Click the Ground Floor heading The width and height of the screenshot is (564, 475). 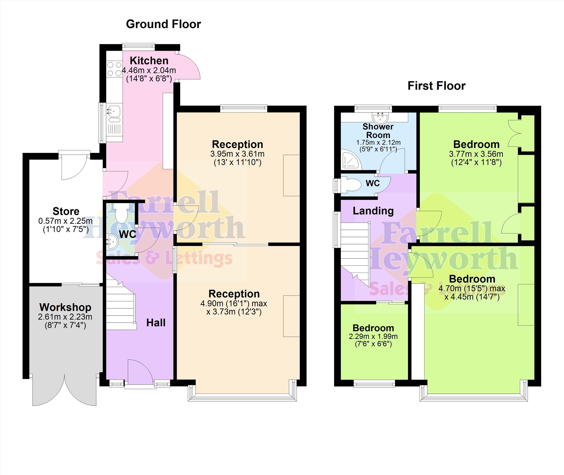coord(163,24)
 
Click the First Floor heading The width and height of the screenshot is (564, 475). coord(436,86)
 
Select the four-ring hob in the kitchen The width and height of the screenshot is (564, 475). coord(114,69)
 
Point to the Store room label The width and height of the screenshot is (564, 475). coord(66,211)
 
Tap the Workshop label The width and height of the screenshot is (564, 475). coord(65,307)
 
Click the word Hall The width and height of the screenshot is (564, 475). coord(156,323)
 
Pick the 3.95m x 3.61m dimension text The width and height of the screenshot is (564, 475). coord(237,154)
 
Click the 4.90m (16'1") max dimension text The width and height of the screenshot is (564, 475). coord(234,304)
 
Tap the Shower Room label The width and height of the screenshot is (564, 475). coord(378,131)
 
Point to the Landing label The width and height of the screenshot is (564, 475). coord(373,211)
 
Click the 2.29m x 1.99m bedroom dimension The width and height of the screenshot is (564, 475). coord(373,336)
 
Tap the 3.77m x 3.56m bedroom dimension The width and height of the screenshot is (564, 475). coord(476,154)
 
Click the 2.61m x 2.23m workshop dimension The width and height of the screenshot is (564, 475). coord(65,317)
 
